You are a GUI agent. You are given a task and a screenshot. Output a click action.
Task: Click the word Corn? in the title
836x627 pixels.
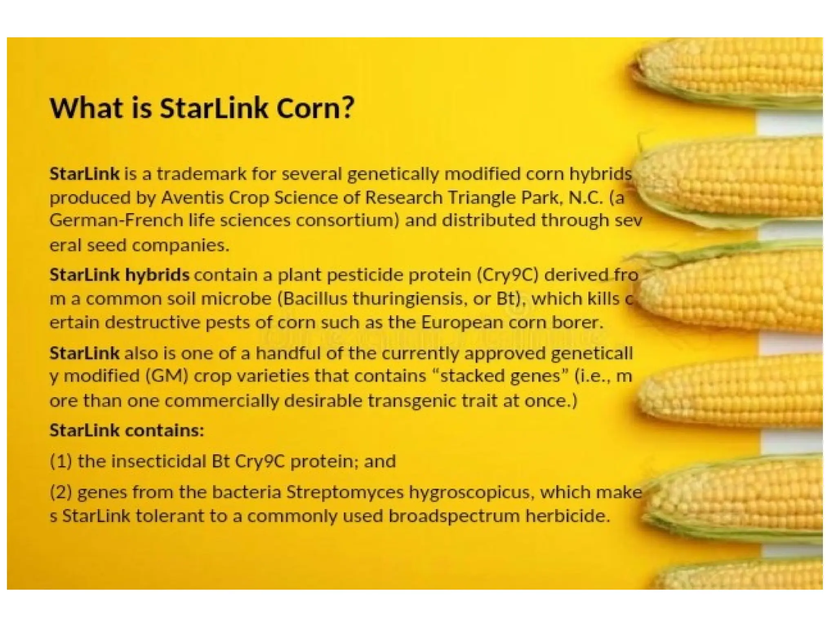click(315, 109)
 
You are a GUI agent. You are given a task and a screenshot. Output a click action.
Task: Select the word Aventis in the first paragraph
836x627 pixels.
click(192, 198)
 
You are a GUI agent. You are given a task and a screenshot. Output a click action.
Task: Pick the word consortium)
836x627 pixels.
click(347, 221)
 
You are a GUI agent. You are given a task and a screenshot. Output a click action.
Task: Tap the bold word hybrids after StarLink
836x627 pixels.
click(157, 275)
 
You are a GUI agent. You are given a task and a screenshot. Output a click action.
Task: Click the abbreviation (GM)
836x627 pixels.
click(167, 376)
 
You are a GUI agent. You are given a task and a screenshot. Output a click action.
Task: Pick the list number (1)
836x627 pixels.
click(61, 462)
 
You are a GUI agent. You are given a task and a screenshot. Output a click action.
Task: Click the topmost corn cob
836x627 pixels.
click(731, 73)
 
